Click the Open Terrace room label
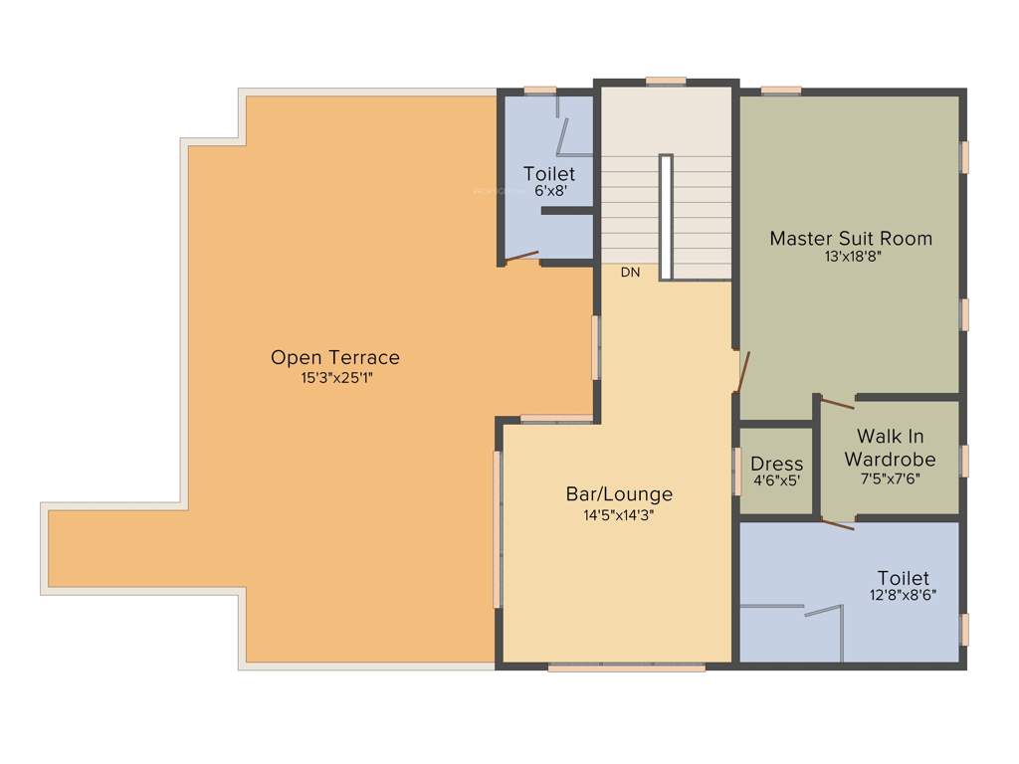[x=335, y=357]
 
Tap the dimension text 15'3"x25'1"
[x=335, y=378]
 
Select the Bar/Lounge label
[x=619, y=494]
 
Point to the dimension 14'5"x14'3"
[x=619, y=515]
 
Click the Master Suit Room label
[x=851, y=239]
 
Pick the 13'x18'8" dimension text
[x=851, y=257]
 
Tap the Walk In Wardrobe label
[x=890, y=448]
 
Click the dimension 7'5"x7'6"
[x=890, y=477]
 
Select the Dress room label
[x=776, y=464]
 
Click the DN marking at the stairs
[x=630, y=273]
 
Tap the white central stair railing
[x=666, y=217]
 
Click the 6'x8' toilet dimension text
[x=549, y=191]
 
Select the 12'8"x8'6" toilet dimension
[x=903, y=596]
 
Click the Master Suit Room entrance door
[x=742, y=371]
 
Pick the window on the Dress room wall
[x=737, y=471]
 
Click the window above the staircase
[x=665, y=81]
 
